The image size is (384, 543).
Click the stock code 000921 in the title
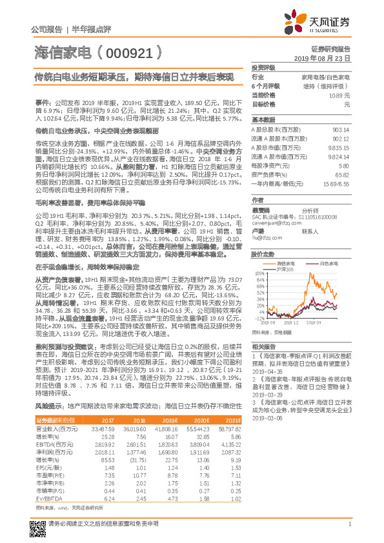(x=130, y=50)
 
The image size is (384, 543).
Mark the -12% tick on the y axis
(x=260, y=318)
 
